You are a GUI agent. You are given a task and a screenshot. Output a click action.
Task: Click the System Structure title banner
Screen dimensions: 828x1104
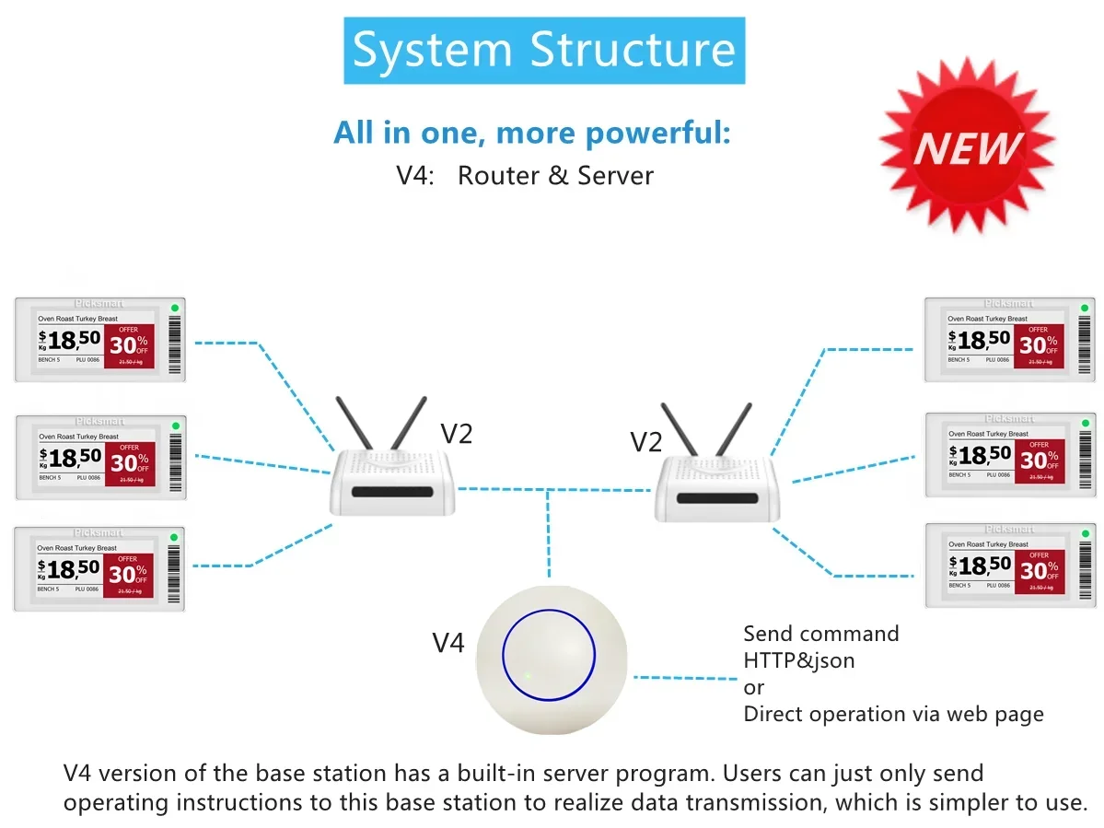coord(544,51)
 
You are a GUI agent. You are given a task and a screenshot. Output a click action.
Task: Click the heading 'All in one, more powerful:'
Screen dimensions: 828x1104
coord(532,133)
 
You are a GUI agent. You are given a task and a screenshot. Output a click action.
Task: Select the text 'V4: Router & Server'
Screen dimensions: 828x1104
coord(525,175)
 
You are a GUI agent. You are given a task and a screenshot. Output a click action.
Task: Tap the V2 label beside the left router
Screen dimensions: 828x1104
coord(456,433)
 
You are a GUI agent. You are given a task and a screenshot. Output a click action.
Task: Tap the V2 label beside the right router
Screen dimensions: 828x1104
coord(645,442)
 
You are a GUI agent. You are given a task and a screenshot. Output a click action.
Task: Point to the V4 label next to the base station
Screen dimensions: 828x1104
coord(448,643)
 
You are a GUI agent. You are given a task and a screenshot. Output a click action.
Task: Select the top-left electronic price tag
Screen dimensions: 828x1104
coord(99,339)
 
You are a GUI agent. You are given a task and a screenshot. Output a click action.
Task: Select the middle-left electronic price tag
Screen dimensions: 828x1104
coord(99,457)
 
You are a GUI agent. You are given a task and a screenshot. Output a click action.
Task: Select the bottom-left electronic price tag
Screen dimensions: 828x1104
coord(99,568)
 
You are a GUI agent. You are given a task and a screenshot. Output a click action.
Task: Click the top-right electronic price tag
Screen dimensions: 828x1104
coord(1009,339)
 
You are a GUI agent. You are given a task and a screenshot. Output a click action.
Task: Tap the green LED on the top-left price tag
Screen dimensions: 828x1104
coord(174,308)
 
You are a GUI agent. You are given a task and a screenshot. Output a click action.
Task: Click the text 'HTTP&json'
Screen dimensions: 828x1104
coord(799,660)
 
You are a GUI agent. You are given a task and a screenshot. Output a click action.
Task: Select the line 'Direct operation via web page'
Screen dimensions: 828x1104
coord(893,714)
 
